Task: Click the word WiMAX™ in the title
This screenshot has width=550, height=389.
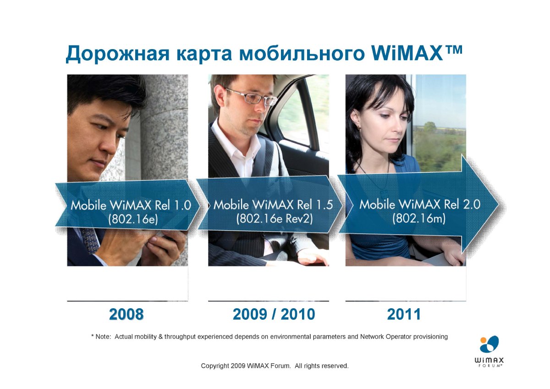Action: (417, 53)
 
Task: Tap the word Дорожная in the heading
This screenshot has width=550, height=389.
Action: (118, 54)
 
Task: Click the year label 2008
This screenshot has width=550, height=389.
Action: (126, 314)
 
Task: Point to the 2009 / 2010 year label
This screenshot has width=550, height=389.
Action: (274, 314)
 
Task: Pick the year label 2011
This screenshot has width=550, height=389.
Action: (404, 314)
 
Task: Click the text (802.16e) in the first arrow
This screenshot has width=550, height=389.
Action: (133, 219)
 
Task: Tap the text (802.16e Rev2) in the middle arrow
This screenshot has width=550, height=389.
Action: (275, 218)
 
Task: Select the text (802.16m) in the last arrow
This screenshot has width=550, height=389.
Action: (419, 218)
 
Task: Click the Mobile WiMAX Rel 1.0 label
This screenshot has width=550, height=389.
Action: (131, 205)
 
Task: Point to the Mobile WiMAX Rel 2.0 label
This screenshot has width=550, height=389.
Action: (420, 205)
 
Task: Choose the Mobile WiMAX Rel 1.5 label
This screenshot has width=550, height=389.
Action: (273, 205)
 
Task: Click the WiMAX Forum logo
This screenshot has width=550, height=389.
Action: (489, 351)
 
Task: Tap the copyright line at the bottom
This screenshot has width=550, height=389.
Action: (275, 366)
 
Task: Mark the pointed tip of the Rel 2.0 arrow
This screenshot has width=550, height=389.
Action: (499, 205)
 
